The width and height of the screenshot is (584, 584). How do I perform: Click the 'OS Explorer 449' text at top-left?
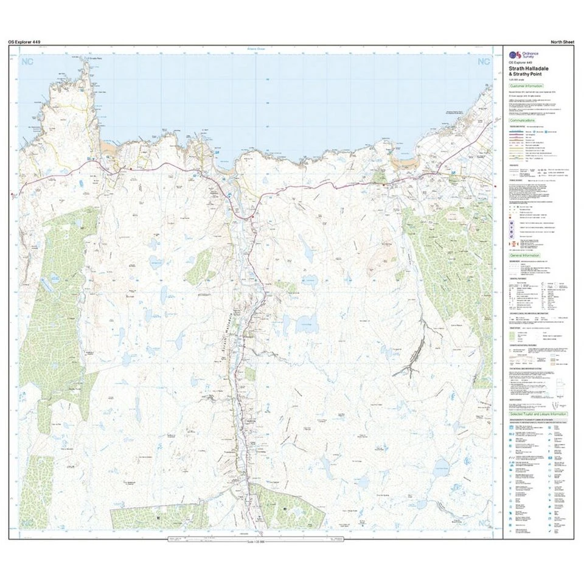coord(25,41)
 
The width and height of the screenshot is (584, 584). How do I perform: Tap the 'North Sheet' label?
coord(563,41)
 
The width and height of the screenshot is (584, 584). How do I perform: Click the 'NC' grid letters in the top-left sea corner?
coord(27,61)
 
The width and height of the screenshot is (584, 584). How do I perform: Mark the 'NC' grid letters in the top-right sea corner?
coord(484,61)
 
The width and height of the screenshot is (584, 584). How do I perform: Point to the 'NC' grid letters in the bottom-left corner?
coord(27,523)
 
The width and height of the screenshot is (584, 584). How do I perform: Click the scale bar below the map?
coord(255,540)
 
